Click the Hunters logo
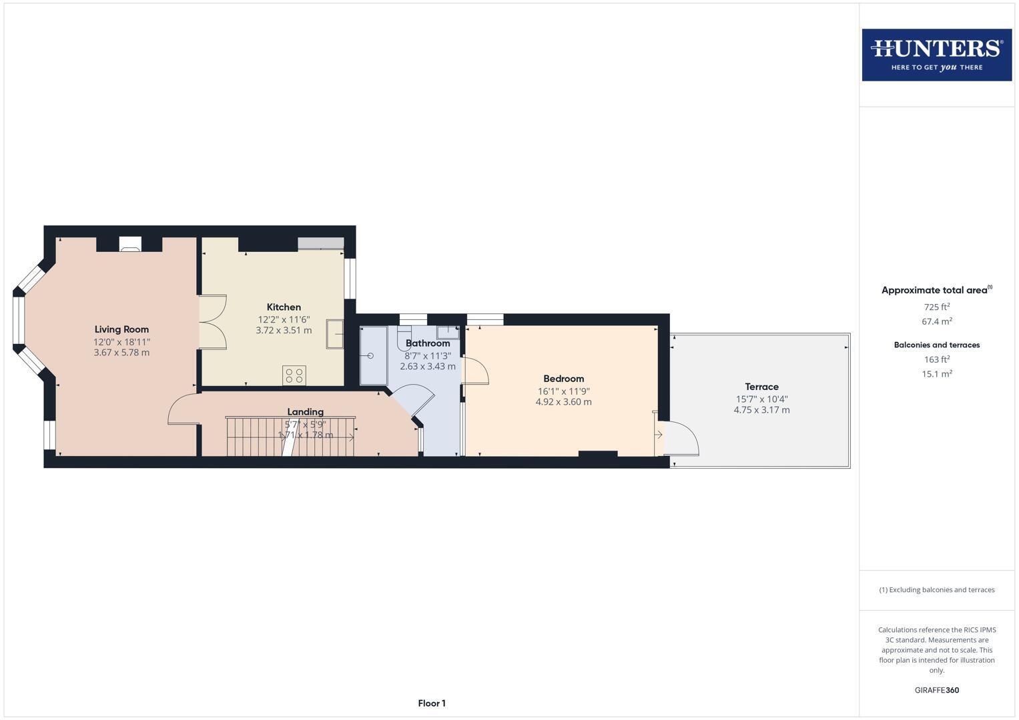[x=936, y=55]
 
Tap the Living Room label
[x=121, y=329]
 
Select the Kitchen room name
[x=284, y=307]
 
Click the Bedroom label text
[x=563, y=379]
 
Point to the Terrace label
[x=761, y=387]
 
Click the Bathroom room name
[x=428, y=343]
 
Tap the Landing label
[x=305, y=412]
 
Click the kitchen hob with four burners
[x=294, y=375]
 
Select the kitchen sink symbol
[x=334, y=334]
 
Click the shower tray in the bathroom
[x=373, y=355]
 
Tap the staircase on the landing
[x=290, y=437]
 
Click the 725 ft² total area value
[x=936, y=307]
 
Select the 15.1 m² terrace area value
[x=936, y=374]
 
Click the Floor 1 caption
[x=432, y=703]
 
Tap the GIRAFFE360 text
[x=936, y=690]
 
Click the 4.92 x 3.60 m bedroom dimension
[x=563, y=402]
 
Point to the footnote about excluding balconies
[x=936, y=590]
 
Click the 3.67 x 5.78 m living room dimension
[x=121, y=353]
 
